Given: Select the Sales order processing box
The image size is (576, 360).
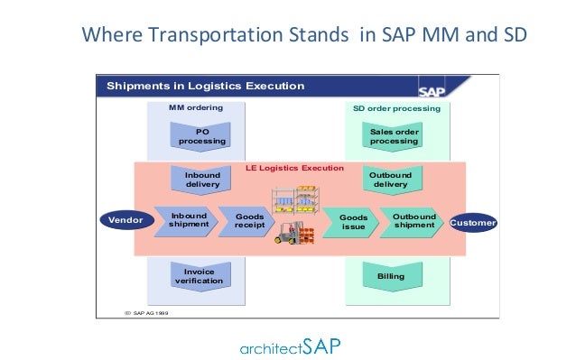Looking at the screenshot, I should pos(394,136).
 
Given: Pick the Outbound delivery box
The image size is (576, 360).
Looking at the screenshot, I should pos(390,179).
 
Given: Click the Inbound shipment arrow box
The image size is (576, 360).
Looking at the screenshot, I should pos(189,221).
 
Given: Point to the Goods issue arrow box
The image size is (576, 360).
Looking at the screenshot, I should pos(352,222).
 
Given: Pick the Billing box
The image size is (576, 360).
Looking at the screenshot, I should pos(394,274).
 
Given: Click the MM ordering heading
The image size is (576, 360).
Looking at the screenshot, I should pos(196,107).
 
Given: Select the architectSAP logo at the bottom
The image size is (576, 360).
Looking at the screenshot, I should pos(288,346).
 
